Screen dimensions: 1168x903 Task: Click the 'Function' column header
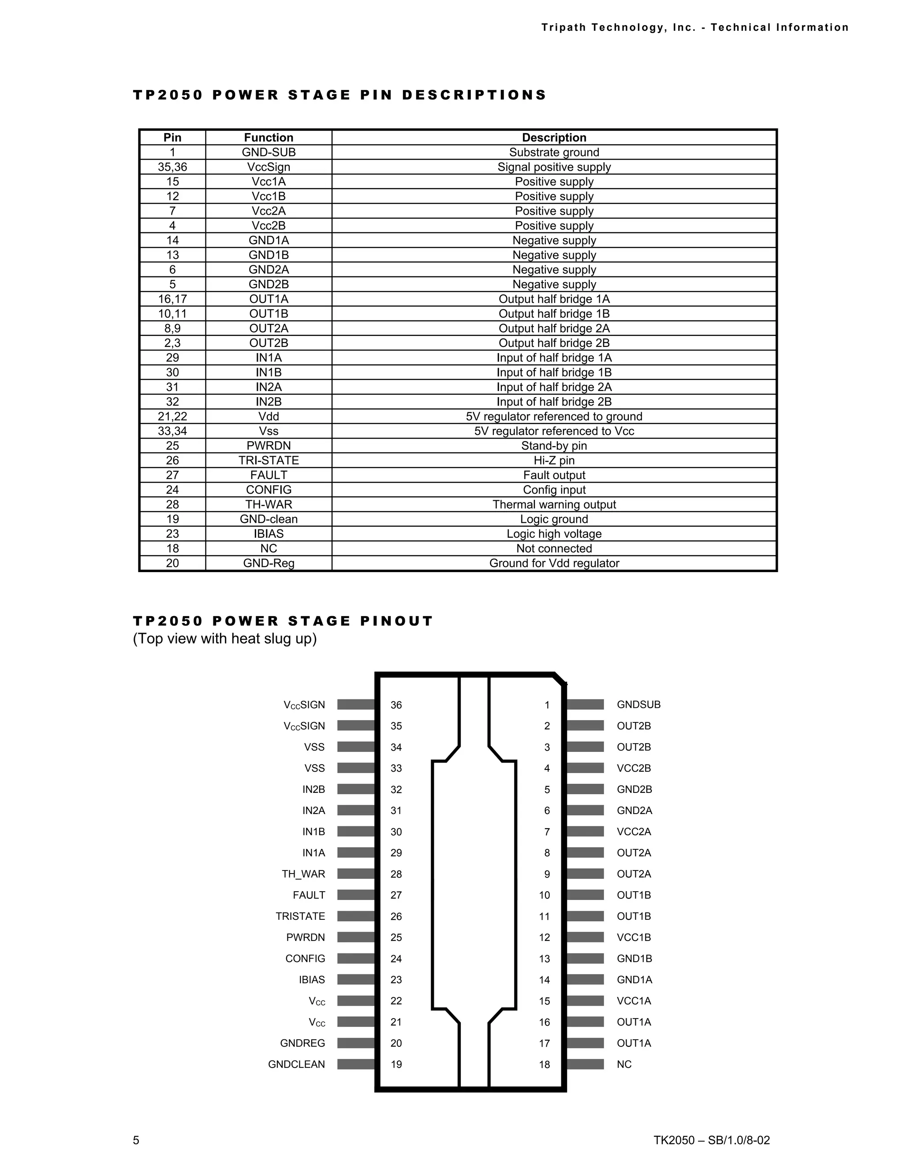269,138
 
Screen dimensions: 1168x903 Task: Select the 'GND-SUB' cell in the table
269,153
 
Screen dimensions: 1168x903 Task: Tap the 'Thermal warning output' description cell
554,504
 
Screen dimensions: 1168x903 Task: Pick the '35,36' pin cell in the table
172,167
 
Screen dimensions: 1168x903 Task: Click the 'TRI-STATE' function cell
269,461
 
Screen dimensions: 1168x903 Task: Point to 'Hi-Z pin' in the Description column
554,461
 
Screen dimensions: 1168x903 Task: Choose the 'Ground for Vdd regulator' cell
554,563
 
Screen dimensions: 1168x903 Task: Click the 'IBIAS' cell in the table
269,534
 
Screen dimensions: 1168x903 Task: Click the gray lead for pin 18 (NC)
585,1064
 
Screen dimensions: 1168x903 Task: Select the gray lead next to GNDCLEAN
356,1064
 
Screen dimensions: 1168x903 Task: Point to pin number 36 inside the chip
396,705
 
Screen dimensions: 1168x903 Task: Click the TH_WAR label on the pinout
303,874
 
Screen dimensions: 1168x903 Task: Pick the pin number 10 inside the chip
545,895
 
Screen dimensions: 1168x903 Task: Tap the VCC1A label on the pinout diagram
634,1001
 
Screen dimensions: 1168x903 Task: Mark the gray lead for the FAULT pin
356,895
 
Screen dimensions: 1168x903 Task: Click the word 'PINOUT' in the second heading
396,621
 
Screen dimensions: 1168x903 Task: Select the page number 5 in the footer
136,1140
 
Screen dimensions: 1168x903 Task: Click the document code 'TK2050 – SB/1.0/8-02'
712,1140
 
